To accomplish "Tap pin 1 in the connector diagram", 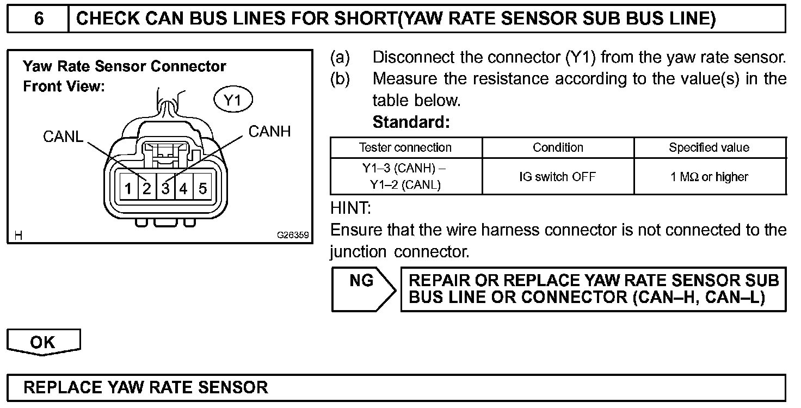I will (128, 189).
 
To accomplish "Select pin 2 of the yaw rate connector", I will (146, 189).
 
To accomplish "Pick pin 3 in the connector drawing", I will (165, 189).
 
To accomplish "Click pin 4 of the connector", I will (184, 189).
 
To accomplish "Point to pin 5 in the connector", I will (202, 189).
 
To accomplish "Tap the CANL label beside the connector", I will (63, 137).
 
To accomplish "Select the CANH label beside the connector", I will (269, 132).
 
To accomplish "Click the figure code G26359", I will (293, 236).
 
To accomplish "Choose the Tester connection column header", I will (405, 147).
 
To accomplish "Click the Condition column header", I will (558, 147).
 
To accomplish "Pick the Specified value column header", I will (709, 147).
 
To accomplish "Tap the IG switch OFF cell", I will (558, 177).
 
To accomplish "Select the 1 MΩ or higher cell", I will (709, 177).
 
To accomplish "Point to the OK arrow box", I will (43, 342).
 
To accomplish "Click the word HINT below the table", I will (350, 208).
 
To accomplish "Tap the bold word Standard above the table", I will (411, 122).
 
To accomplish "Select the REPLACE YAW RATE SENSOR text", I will (146, 387).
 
